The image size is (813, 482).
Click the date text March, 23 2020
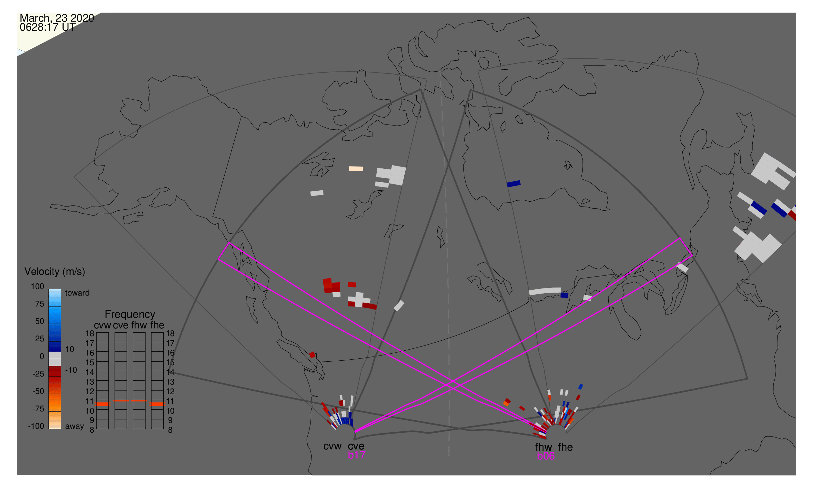point(57,18)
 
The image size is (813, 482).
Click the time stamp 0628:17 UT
point(47,27)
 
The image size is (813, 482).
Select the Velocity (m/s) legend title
point(55,272)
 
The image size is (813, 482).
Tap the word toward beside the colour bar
point(77,293)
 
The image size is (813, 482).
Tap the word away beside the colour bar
point(75,426)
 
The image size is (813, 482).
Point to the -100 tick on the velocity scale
point(36,426)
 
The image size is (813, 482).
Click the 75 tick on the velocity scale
point(39,304)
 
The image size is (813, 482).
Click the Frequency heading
point(130,314)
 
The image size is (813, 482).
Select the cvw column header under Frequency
point(102,325)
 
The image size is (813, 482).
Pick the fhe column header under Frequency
point(157,325)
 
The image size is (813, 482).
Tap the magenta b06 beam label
point(545,456)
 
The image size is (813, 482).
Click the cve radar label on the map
point(356,446)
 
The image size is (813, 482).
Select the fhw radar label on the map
point(544,447)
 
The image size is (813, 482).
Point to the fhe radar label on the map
point(565,447)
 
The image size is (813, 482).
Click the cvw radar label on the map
point(332,446)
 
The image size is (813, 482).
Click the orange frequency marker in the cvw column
point(103,404)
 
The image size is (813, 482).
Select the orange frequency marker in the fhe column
point(158,404)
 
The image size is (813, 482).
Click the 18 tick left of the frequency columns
point(90,334)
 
